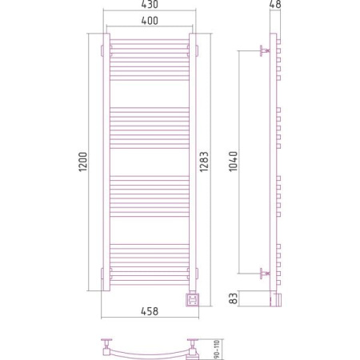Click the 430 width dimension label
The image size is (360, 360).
point(150,4)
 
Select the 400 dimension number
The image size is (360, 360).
point(150,21)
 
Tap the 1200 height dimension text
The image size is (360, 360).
point(83,162)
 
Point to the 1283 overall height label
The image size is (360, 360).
point(204,162)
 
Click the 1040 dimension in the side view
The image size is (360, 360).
point(234,162)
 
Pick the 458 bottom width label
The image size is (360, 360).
point(150,311)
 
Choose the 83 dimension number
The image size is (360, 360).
point(234,298)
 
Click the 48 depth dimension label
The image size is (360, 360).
point(275,4)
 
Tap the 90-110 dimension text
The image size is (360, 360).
point(217,349)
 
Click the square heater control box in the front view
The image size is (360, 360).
point(192,300)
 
